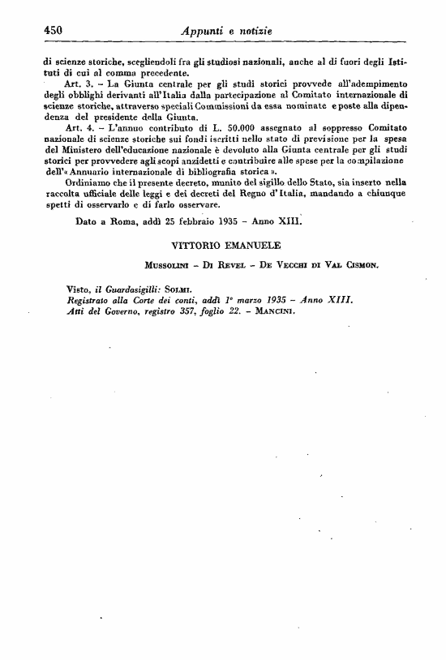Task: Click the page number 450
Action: [54, 31]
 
